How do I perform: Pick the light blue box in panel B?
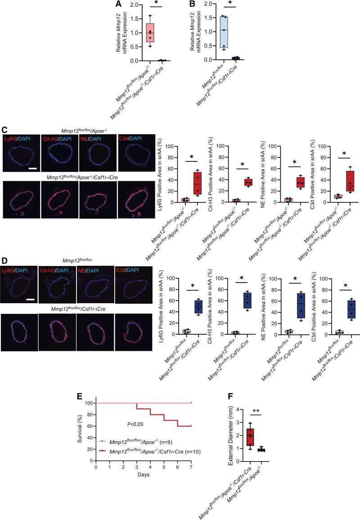pos(221,32)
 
